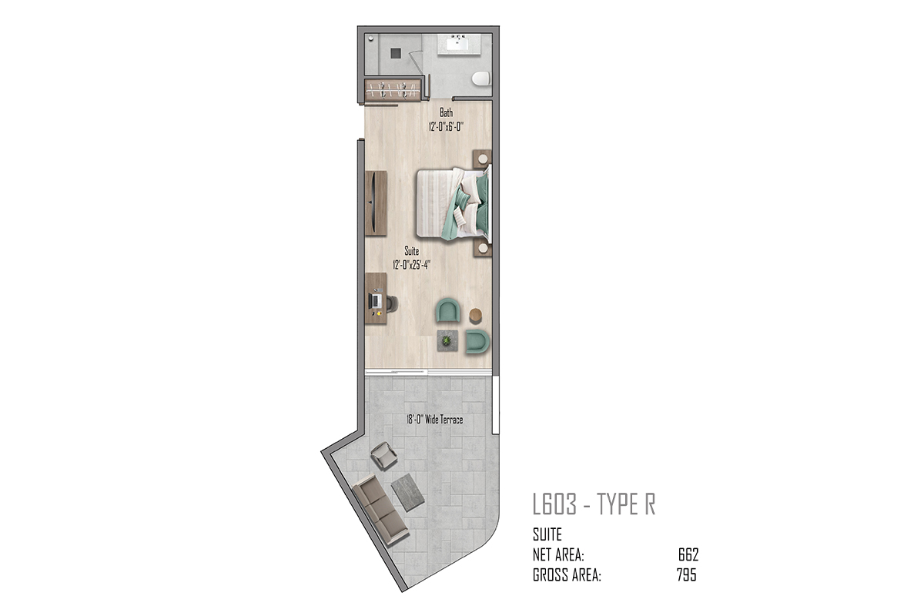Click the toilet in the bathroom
pyautogui.click(x=481, y=79)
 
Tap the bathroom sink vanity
pyautogui.click(x=459, y=44)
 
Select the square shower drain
pyautogui.click(x=396, y=53)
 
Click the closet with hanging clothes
pyautogui.click(x=393, y=90)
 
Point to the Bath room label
pyautogui.click(x=446, y=112)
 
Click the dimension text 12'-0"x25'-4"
pyautogui.click(x=411, y=265)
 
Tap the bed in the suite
pyautogui.click(x=454, y=203)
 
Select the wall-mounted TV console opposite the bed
pyautogui.click(x=376, y=203)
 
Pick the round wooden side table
pyautogui.click(x=476, y=315)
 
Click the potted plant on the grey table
pyautogui.click(x=447, y=341)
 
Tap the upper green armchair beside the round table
pyautogui.click(x=448, y=310)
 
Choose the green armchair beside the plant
pyautogui.click(x=477, y=342)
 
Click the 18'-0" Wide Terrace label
pyautogui.click(x=435, y=420)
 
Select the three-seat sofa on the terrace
pyautogui.click(x=380, y=510)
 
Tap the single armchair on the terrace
pyautogui.click(x=384, y=456)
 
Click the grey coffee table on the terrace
pyautogui.click(x=407, y=493)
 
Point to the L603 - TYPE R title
pyautogui.click(x=594, y=504)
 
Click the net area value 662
pyautogui.click(x=688, y=555)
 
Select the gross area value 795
pyautogui.click(x=687, y=574)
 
